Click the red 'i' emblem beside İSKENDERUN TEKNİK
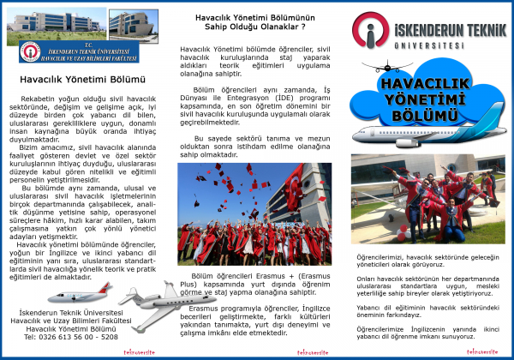coord(371,34)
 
